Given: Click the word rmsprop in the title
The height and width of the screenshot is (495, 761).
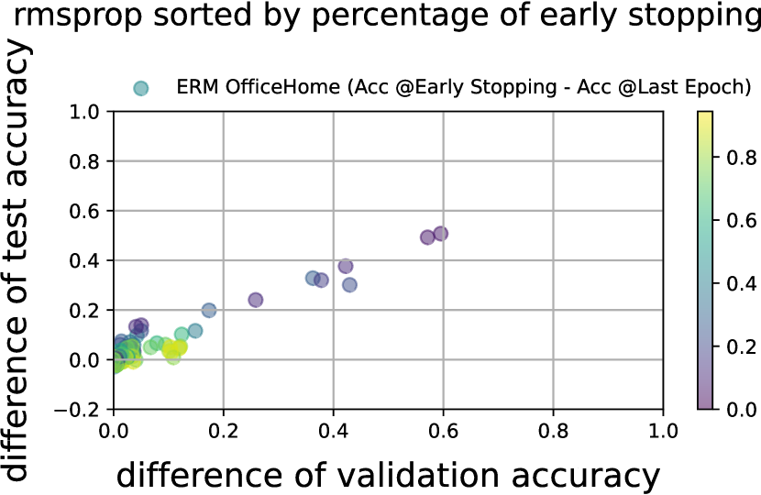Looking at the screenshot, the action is [78, 15].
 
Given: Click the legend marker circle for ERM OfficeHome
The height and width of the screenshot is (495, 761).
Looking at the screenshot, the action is [141, 88].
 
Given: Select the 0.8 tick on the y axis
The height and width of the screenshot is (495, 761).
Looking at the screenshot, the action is [84, 161].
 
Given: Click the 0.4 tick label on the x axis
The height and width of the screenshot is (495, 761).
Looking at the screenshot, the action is [334, 432].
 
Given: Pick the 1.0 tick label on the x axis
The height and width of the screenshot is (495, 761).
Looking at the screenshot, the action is [663, 432].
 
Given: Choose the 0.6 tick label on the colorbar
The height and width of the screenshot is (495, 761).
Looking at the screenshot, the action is [741, 220].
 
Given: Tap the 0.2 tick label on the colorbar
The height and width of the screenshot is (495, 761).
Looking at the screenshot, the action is [741, 346].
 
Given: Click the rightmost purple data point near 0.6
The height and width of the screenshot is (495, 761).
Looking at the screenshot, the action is [441, 234].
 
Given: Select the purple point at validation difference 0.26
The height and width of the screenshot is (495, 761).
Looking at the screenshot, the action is [255, 300].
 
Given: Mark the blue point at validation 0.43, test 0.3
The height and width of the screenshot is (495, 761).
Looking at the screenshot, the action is [349, 285].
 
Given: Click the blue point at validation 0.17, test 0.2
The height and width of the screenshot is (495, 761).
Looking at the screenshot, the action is [209, 310].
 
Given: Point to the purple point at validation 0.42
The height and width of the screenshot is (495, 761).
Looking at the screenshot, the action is [345, 266].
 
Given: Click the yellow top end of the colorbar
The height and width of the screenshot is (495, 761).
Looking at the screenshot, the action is [705, 114].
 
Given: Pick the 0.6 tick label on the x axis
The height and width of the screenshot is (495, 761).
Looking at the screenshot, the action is [443, 432].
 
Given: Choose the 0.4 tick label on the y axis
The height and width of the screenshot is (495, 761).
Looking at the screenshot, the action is [84, 261].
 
